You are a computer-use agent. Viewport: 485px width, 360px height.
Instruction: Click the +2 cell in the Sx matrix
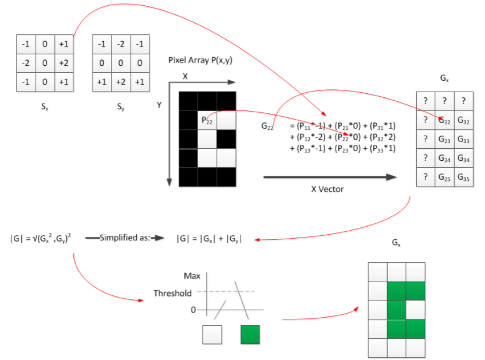[x=63, y=63]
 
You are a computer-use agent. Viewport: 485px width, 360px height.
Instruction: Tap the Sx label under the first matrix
[x=44, y=106]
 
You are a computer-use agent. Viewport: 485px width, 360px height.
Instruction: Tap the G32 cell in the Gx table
[x=463, y=121]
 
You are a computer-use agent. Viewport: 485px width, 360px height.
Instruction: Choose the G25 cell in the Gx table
[x=444, y=177]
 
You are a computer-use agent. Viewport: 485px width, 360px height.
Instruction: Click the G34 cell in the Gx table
[x=463, y=159]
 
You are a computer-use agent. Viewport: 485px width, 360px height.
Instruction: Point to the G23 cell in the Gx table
[x=444, y=140]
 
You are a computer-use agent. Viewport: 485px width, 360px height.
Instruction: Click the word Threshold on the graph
[x=172, y=293]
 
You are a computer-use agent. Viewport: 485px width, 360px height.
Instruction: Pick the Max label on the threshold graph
[x=192, y=276]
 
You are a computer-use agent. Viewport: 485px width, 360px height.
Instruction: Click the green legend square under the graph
[x=250, y=335]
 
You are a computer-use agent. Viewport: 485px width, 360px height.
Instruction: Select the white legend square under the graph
[x=212, y=335]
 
